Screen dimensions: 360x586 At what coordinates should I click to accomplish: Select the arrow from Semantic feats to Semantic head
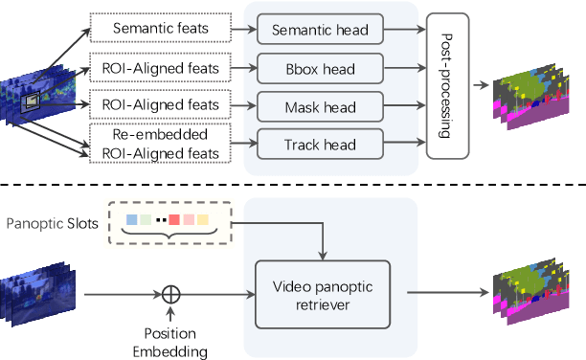(x=245, y=28)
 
